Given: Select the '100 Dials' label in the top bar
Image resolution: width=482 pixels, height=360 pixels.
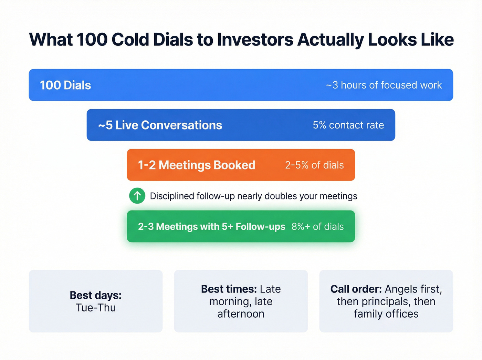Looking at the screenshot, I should [65, 85].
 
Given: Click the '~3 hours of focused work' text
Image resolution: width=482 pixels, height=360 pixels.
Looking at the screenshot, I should [384, 85].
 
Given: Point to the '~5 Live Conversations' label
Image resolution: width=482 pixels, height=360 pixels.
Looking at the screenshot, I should [160, 125].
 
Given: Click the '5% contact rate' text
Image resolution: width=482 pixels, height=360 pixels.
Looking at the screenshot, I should [348, 125].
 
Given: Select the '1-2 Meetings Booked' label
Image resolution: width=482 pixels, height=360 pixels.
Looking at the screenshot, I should [197, 165].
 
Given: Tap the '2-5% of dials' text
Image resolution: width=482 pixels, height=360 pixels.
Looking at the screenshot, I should [314, 165].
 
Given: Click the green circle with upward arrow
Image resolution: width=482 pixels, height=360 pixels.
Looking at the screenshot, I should [137, 196].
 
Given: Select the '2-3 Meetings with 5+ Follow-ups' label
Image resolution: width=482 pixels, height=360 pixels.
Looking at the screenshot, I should [211, 226].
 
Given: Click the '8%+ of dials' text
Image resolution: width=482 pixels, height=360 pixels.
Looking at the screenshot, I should [317, 226].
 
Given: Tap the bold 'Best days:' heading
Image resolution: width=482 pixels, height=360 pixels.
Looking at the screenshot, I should [95, 295].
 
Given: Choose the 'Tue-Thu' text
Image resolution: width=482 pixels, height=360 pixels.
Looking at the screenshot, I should [96, 308].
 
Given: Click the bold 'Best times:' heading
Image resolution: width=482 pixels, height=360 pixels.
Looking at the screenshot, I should [229, 289].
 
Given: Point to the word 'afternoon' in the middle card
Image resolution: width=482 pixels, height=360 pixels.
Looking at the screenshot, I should [241, 314].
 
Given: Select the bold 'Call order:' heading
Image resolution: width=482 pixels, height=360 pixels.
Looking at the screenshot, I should [356, 289].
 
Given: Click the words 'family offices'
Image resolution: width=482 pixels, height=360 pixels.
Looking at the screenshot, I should [386, 314].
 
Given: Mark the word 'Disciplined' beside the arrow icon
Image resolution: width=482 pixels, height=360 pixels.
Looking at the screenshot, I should [172, 196].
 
